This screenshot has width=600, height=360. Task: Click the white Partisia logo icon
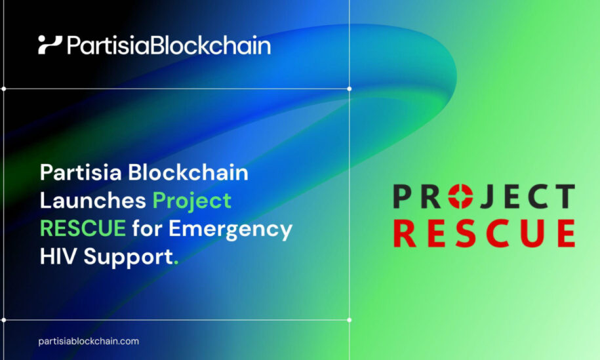tap(50, 45)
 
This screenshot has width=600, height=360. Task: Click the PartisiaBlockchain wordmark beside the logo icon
tap(169, 45)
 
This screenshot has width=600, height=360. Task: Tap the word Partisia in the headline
tap(81, 172)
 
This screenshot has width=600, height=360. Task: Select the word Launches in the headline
tap(92, 200)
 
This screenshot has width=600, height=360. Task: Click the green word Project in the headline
tap(192, 201)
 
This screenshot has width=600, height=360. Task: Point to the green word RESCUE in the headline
tap(83, 228)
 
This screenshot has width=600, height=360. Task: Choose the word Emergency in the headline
tap(230, 230)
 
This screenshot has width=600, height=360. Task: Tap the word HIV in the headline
tap(58, 256)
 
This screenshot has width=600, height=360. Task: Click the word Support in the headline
tap(128, 257)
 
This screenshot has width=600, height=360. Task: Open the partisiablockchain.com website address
tap(89, 341)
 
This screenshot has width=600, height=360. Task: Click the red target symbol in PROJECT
tap(460, 196)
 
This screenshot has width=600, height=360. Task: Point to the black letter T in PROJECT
tap(565, 196)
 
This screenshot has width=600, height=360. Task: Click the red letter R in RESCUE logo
tap(405, 233)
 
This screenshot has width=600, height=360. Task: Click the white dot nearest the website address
tap(4, 320)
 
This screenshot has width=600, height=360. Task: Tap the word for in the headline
tap(147, 228)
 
